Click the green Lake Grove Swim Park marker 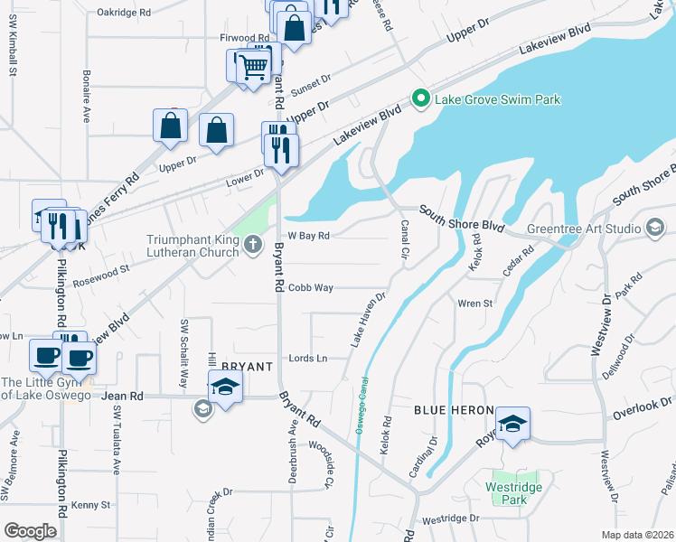pyautogui.click(x=419, y=99)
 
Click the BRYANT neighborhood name pyautogui.click(x=247, y=366)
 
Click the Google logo pyautogui.click(x=30, y=531)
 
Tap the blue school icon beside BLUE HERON pyautogui.click(x=512, y=425)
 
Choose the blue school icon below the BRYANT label pyautogui.click(x=224, y=389)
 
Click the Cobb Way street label pyautogui.click(x=311, y=288)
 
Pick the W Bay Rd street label pyautogui.click(x=308, y=236)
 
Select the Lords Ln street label pyautogui.click(x=307, y=359)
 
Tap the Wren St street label pyautogui.click(x=474, y=304)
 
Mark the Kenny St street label pyautogui.click(x=90, y=505)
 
